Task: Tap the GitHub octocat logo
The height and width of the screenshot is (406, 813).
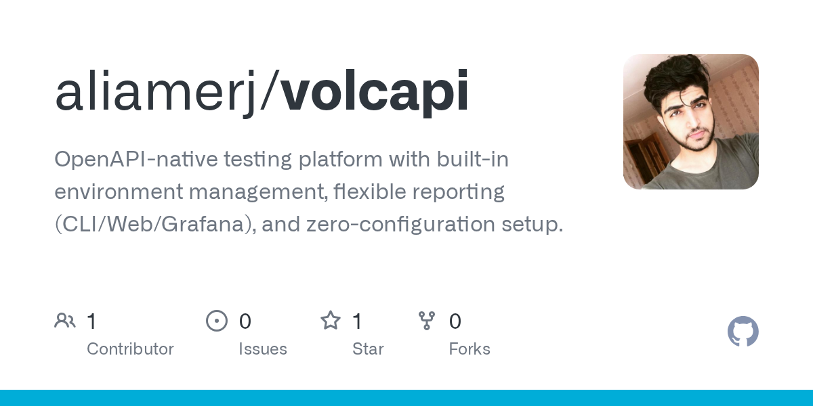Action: (743, 332)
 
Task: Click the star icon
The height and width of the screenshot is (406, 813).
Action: (331, 321)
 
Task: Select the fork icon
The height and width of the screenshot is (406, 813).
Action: (427, 321)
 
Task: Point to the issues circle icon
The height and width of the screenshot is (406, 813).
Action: (217, 321)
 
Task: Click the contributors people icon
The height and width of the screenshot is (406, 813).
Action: (65, 321)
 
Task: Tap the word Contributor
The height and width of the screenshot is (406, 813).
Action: (130, 349)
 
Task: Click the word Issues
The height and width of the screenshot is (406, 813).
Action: (263, 349)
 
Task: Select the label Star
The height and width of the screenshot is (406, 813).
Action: (368, 349)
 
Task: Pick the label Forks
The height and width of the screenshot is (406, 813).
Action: (470, 349)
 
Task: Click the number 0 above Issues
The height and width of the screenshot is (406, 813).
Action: (245, 321)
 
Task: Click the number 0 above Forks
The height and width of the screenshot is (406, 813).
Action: (455, 321)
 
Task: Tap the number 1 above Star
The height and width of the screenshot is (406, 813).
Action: (358, 321)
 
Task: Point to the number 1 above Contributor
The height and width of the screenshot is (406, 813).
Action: (92, 321)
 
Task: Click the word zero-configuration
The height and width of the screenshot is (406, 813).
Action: (400, 225)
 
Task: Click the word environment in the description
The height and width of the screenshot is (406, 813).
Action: (119, 191)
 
